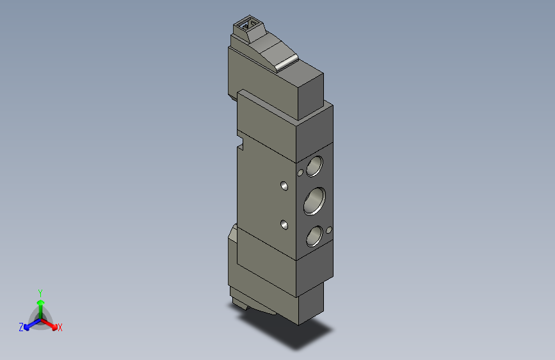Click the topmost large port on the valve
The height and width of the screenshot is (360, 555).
tap(314, 166)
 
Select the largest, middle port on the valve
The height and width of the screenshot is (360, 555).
tap(314, 201)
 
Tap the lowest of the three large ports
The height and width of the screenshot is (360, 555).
tap(314, 236)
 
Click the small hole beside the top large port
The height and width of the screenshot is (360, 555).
tap(300, 173)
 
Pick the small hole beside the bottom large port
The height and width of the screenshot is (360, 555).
tap(329, 230)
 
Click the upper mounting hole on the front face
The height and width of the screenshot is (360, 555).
tap(284, 186)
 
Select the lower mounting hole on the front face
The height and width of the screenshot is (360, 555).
tap(284, 225)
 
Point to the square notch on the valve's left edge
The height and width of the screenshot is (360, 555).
tap(241, 144)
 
